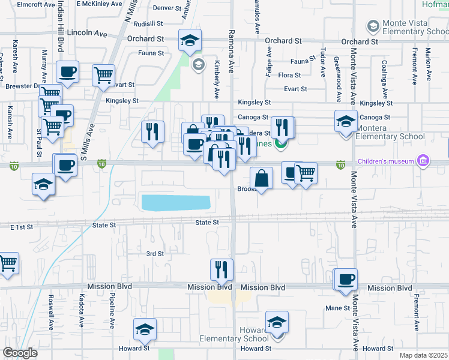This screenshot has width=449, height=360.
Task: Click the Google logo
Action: [20, 353]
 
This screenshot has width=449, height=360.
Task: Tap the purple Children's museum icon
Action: [424, 161]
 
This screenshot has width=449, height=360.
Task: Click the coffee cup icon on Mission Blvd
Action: [346, 280]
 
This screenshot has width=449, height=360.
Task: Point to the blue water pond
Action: [176, 203]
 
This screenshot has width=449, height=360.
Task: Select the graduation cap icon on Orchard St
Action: [190, 40]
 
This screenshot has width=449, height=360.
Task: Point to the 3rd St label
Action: [155, 254]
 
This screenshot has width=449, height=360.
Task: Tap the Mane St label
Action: [337, 308]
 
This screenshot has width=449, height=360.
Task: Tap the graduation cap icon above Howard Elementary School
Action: [277, 322]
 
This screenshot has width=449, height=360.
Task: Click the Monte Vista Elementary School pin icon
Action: [372, 26]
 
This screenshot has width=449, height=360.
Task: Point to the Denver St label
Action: [167, 8]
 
